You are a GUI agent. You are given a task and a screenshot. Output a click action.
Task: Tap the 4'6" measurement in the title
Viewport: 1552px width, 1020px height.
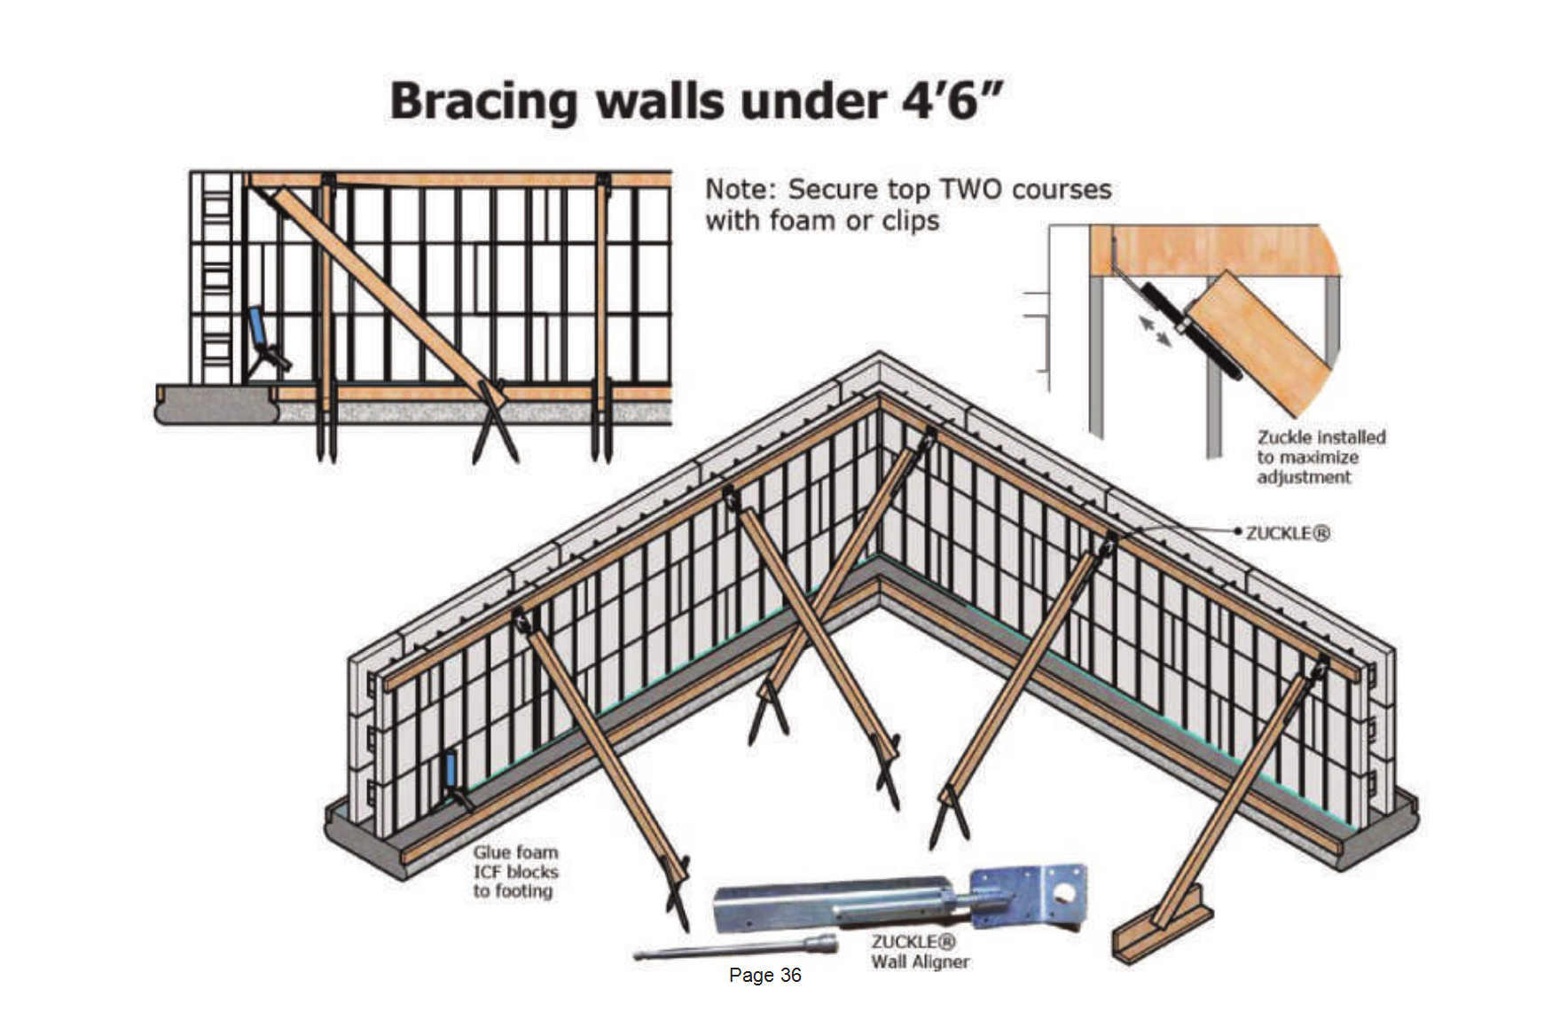pos(952,99)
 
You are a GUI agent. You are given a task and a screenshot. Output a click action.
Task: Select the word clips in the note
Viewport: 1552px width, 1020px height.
pos(910,221)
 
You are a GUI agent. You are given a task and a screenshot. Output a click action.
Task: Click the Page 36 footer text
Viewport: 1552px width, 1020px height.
pos(764,975)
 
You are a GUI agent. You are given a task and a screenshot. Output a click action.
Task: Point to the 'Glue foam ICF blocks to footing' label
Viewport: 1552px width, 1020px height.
pos(515,872)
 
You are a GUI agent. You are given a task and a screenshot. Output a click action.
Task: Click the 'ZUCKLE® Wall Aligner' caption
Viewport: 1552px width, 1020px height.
pos(920,952)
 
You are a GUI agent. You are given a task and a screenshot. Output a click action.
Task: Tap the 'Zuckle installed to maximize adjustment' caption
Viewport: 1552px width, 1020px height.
pos(1321,457)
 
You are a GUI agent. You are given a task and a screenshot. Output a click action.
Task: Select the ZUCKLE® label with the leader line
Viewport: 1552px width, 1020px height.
pos(1288,533)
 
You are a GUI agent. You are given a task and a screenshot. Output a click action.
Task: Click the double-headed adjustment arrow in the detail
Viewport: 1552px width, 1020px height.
pos(1156,332)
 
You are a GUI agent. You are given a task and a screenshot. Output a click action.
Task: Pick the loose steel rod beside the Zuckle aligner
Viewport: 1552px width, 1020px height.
pos(735,947)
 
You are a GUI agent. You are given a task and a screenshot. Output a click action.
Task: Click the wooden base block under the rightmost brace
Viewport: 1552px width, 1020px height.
pos(1163,927)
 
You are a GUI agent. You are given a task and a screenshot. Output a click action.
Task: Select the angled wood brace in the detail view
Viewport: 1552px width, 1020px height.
pos(1259,341)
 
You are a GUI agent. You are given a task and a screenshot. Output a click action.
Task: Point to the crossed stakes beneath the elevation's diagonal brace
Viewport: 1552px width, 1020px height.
pos(494,424)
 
